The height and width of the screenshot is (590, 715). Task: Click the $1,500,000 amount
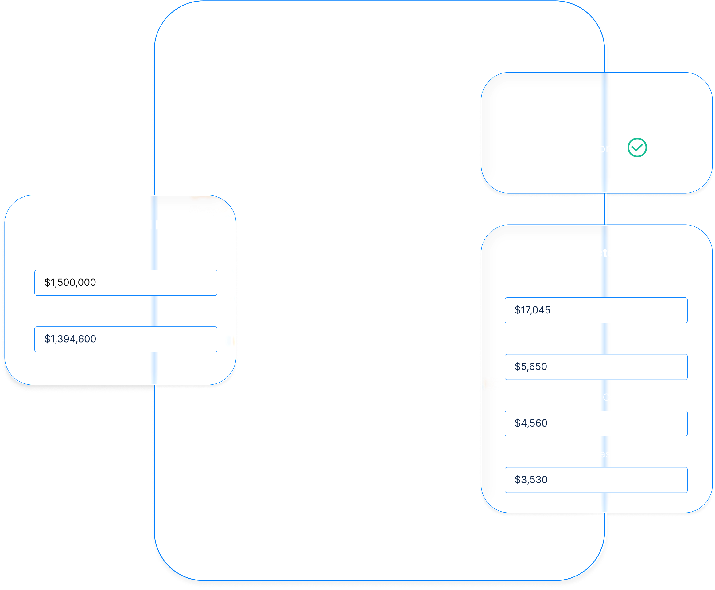point(70,282)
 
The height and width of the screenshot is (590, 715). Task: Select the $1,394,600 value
point(70,339)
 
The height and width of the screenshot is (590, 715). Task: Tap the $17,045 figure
point(532,310)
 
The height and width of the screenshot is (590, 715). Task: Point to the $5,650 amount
point(531,366)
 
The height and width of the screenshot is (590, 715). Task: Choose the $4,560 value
point(531,423)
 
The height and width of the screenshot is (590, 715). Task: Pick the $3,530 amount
point(531,480)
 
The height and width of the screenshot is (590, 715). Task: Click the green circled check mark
point(637,148)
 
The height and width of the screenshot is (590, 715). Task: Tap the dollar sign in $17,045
point(517,310)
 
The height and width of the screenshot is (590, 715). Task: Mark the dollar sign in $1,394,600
point(47,339)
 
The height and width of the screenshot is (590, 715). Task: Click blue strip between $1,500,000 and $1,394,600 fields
point(154,311)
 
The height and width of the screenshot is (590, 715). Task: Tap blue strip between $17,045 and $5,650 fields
point(604,339)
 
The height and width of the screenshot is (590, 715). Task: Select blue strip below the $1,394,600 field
point(154,367)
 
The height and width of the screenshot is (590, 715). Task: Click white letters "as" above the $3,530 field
point(605,454)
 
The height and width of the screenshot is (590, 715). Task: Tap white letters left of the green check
point(604,148)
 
